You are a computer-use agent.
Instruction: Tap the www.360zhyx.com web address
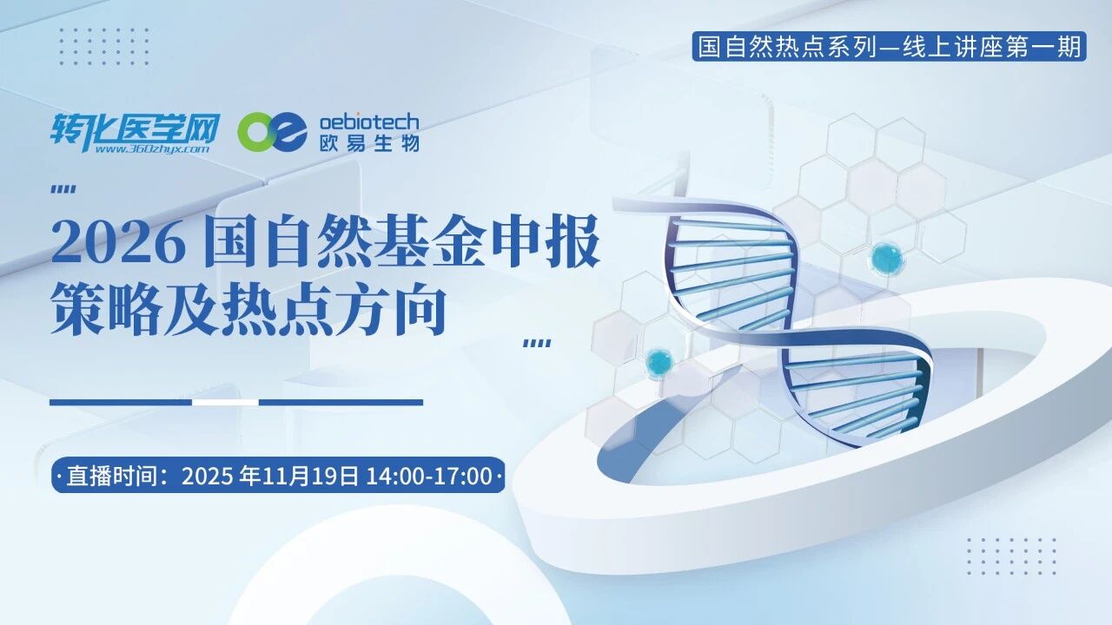click(x=151, y=149)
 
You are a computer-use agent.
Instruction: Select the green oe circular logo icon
click(x=272, y=131)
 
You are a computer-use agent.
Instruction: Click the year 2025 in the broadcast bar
click(x=209, y=476)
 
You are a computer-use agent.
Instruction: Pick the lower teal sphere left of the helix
click(x=660, y=361)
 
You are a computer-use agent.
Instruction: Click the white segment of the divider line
click(x=225, y=402)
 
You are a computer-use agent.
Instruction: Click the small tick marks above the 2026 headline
click(x=63, y=189)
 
